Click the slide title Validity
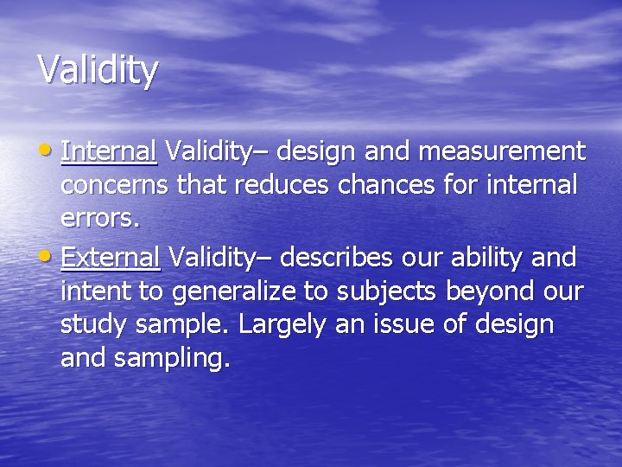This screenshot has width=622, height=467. [98, 69]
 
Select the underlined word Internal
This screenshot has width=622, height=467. [109, 152]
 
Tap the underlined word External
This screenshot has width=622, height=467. [111, 257]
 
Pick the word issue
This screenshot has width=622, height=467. [429, 325]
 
